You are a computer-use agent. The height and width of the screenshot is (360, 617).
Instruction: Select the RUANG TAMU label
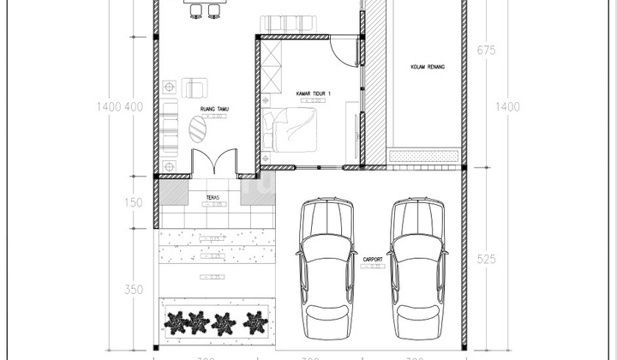click(213, 109)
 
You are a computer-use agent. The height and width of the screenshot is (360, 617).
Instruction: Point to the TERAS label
click(213, 197)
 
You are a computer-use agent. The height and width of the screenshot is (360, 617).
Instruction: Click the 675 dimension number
click(486, 50)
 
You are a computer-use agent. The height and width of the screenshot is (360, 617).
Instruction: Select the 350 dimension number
click(133, 290)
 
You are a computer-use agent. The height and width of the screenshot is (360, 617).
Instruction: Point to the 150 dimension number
click(133, 203)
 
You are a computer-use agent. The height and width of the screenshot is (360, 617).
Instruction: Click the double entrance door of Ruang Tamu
click(213, 162)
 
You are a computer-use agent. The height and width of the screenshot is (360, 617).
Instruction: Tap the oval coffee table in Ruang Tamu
click(198, 129)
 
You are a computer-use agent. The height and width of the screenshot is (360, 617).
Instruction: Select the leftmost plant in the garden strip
click(176, 321)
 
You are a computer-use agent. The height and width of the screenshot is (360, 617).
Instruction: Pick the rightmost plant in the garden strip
click(255, 322)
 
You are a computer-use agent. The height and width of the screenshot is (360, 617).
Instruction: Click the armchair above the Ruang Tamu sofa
click(195, 87)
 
